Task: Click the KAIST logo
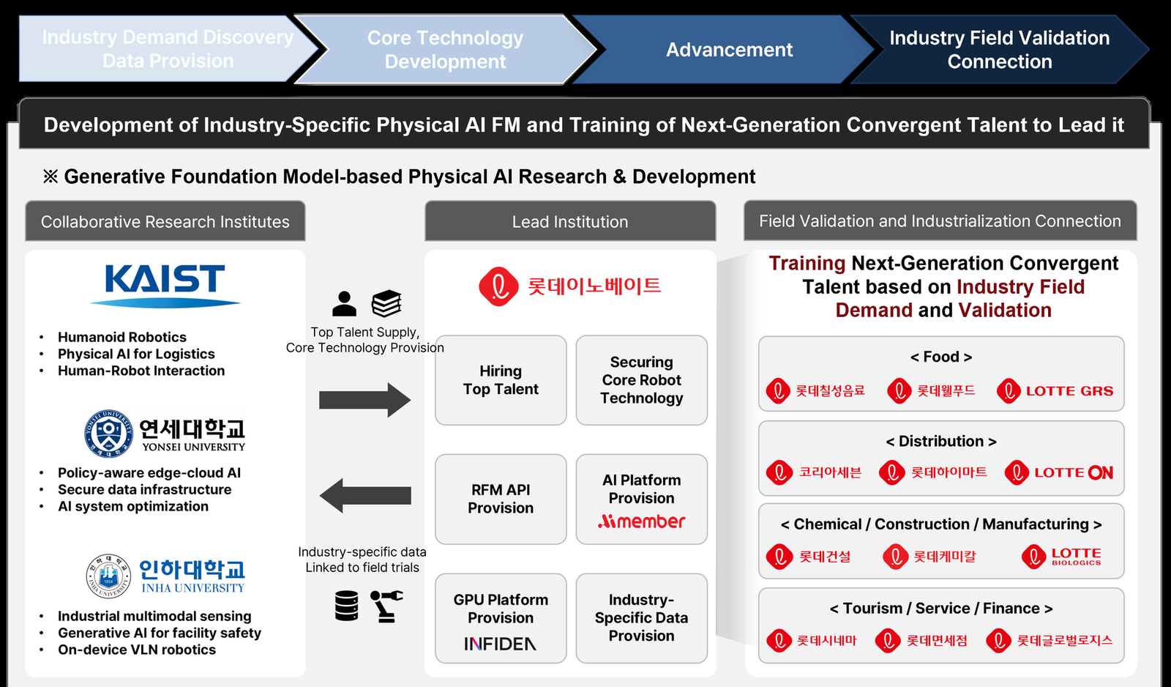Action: click(165, 286)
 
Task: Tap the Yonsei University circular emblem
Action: click(109, 434)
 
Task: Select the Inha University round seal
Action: click(108, 576)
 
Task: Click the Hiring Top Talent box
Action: click(501, 380)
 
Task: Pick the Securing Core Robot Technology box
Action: click(641, 380)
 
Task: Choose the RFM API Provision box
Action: click(501, 500)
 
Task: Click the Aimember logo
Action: click(641, 521)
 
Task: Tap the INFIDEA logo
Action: click(501, 644)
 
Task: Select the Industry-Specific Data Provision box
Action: click(641, 618)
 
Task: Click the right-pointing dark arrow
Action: click(365, 401)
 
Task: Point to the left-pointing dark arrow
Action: click(365, 496)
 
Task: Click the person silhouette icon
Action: click(344, 304)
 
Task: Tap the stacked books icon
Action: click(386, 303)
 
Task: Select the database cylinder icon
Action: click(347, 606)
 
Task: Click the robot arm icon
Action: click(386, 606)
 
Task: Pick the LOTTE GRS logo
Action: click(1055, 391)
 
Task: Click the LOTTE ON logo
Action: click(1059, 473)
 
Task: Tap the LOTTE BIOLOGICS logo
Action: click(1062, 556)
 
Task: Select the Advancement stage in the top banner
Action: click(729, 50)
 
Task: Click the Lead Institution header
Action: click(570, 221)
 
